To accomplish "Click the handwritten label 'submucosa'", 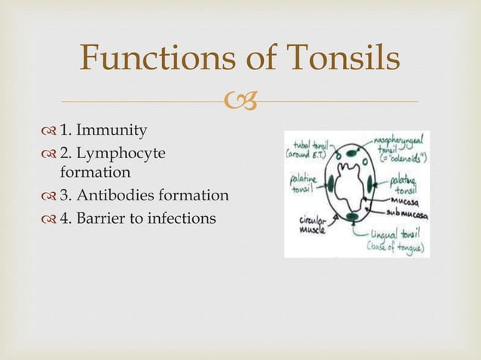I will tap(406, 215).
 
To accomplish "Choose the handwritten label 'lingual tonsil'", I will tap(397, 234).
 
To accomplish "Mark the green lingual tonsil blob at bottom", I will tap(354, 217).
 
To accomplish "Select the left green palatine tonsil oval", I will tap(330, 182).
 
